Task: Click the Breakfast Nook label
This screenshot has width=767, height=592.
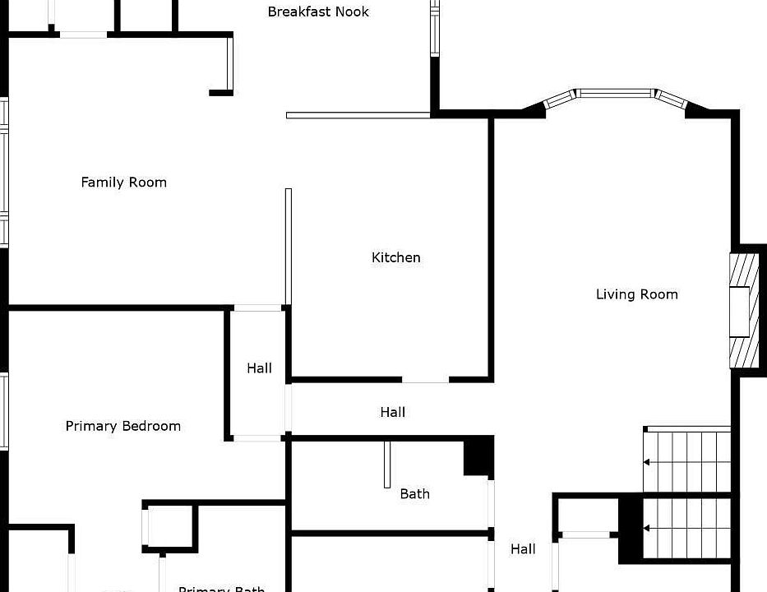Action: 318,12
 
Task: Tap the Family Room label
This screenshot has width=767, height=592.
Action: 123,183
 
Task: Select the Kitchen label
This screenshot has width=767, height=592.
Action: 396,257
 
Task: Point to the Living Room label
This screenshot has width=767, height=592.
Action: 636,294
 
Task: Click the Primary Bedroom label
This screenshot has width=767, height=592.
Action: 123,426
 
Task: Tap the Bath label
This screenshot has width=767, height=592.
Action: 414,493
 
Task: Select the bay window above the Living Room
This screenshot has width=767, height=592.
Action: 615,95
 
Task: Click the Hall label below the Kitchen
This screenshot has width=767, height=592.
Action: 393,412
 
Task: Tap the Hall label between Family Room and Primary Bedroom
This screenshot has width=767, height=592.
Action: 260,368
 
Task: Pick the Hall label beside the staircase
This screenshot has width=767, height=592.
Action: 523,549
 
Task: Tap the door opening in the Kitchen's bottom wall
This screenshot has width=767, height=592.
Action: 426,381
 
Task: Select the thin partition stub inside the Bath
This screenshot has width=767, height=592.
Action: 387,465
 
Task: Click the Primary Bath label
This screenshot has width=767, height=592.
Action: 222,589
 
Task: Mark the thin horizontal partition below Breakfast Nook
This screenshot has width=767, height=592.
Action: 358,115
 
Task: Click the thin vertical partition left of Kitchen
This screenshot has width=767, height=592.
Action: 289,247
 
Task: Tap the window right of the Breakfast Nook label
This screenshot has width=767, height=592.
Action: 435,29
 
